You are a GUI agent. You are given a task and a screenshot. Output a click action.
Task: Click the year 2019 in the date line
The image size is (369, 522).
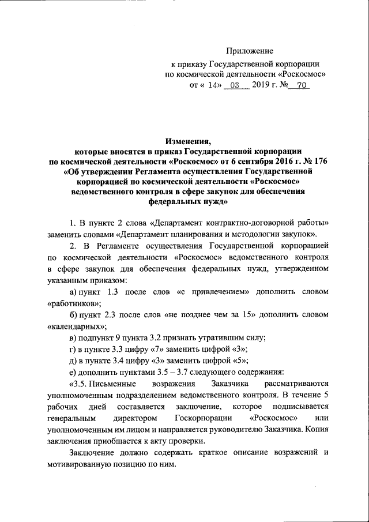(x=262, y=85)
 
